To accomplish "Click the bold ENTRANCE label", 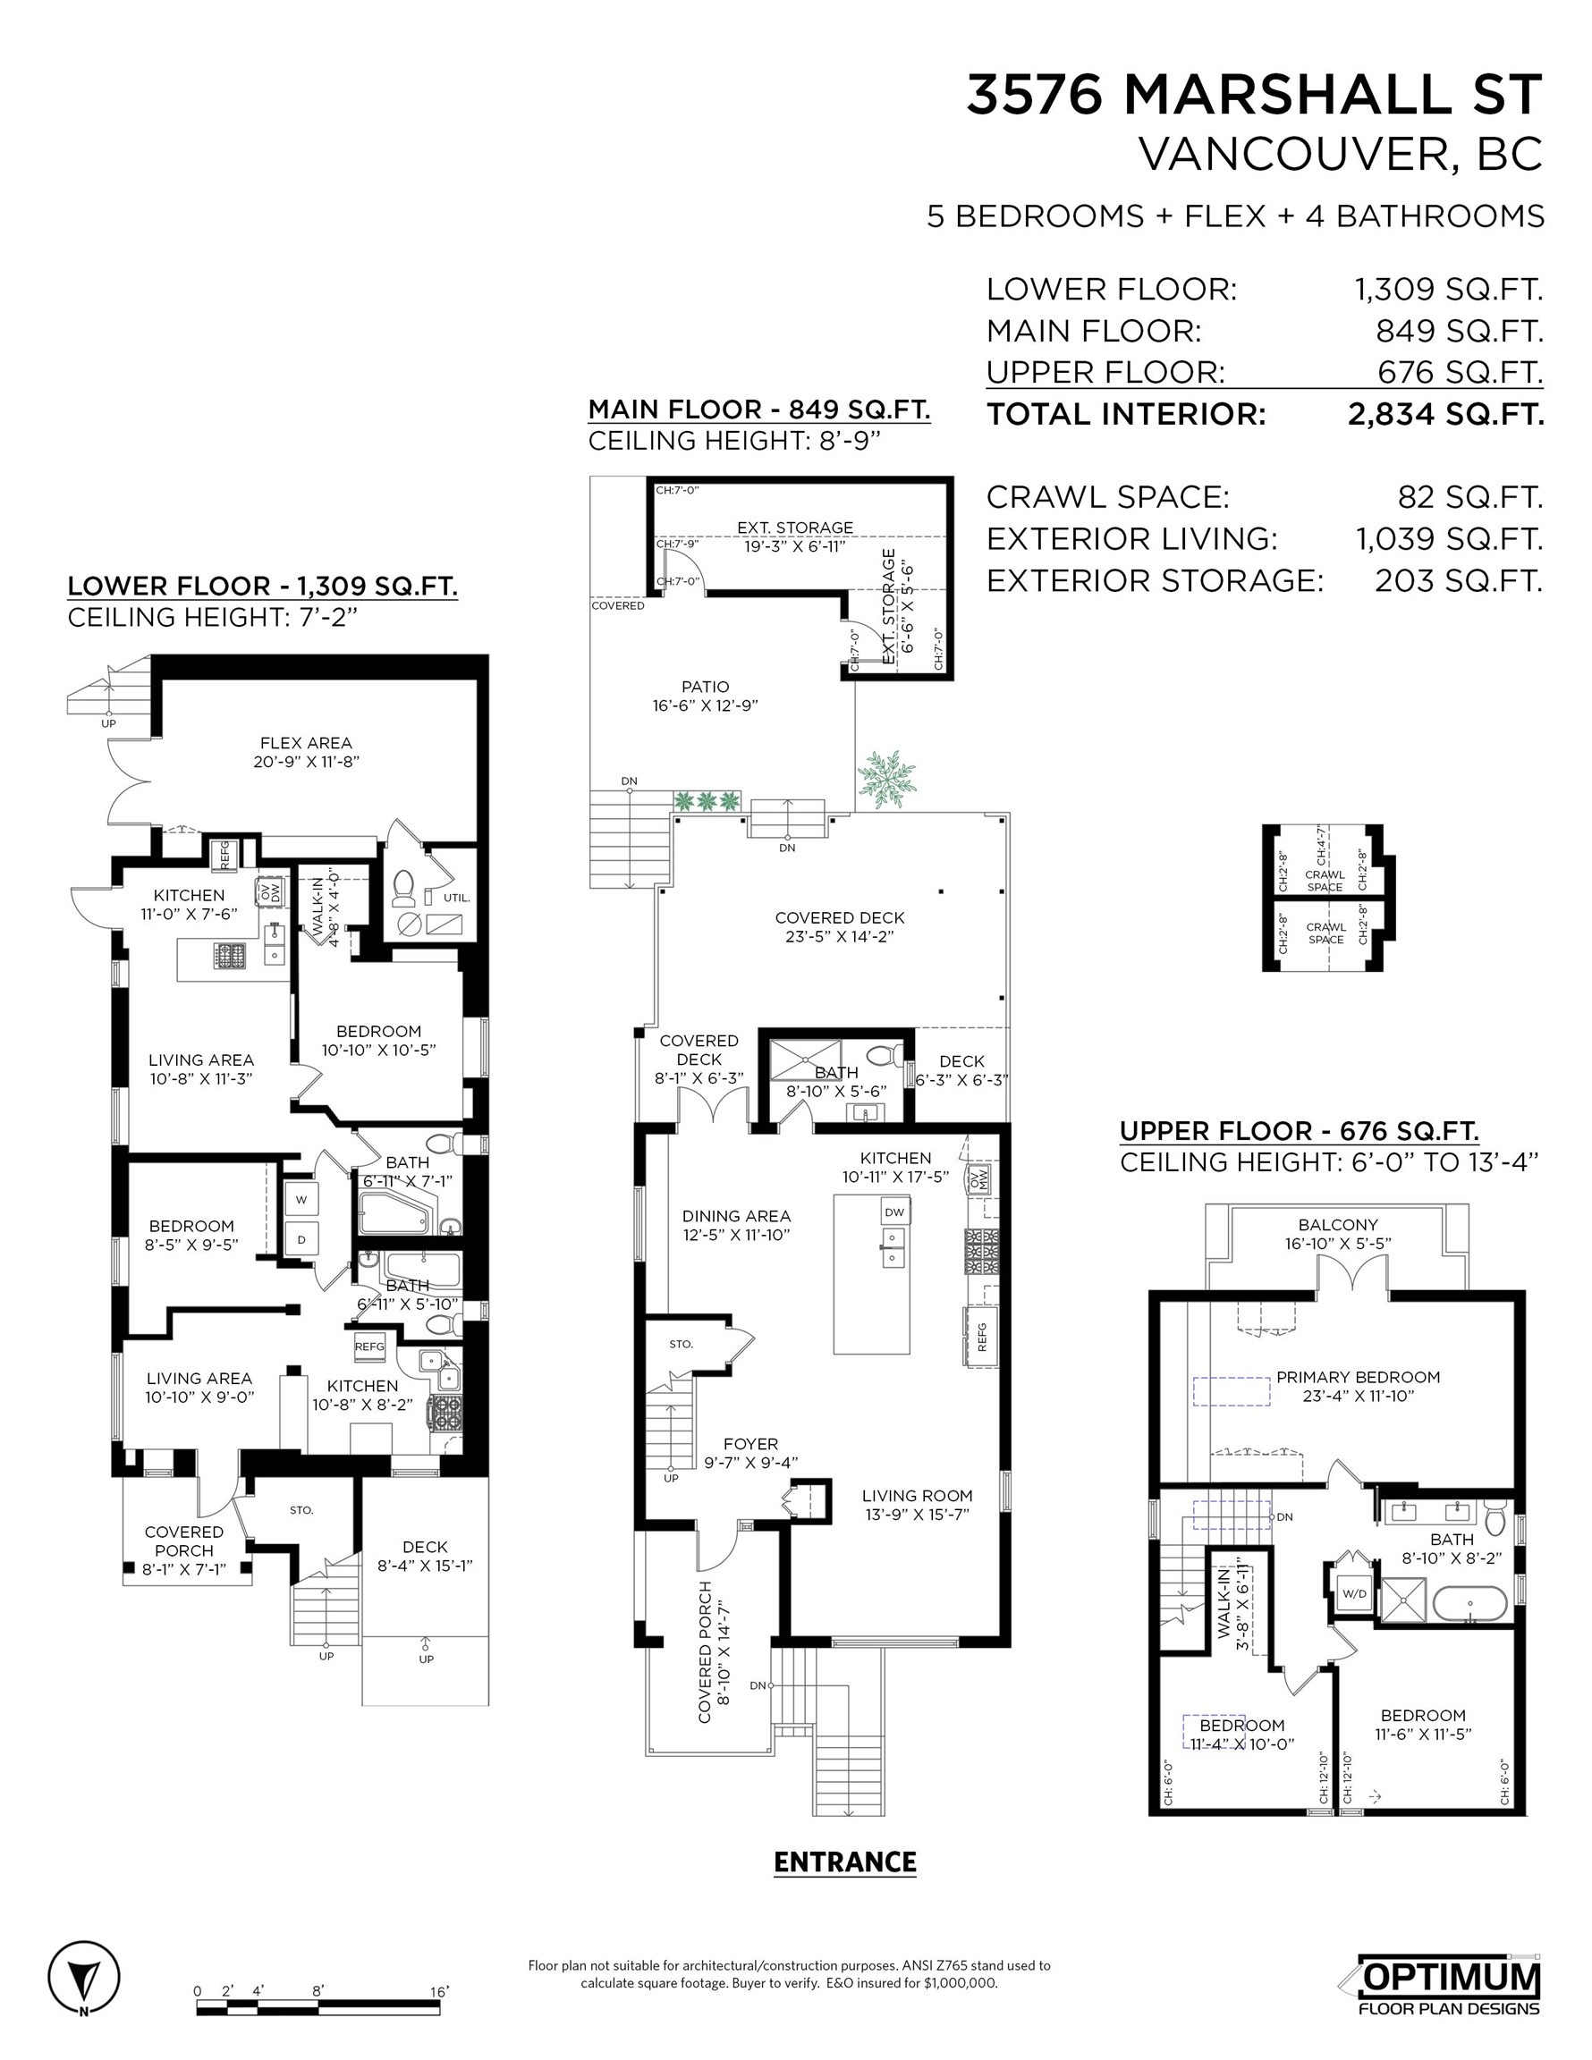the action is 844,1862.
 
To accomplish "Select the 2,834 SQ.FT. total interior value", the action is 1445,414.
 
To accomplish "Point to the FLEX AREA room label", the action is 306,743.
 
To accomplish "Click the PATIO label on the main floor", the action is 706,687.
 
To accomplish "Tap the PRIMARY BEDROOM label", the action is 1358,1377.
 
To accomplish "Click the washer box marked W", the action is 302,1200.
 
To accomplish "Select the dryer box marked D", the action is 302,1239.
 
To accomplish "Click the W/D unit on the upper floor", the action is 1353,1593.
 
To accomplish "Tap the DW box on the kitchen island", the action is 893,1212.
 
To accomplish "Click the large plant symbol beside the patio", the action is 886,780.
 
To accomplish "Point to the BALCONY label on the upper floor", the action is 1338,1225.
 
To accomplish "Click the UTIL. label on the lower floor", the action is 456,897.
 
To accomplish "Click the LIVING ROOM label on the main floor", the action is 917,1495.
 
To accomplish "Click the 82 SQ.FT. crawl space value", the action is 1469,497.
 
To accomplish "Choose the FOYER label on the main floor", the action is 750,1444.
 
